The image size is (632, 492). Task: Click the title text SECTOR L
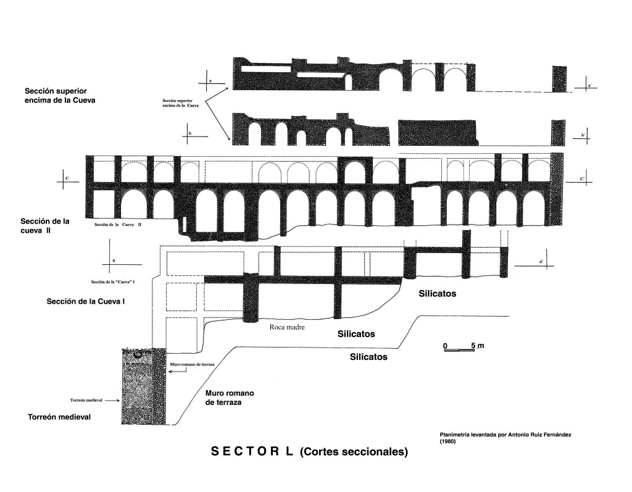point(252,451)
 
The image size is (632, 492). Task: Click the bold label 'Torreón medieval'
point(59,417)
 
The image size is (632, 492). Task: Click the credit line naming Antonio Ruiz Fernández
point(505,438)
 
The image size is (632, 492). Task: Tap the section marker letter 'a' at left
point(210,80)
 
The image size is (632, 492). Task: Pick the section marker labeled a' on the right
point(589,86)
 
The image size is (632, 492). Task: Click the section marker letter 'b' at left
point(190,133)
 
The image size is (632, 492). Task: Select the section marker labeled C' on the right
point(582,179)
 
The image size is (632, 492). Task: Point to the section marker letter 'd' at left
point(114,261)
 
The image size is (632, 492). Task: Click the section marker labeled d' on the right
point(541,262)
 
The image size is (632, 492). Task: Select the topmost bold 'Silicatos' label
point(437,294)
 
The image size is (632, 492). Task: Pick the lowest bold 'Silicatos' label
point(369,357)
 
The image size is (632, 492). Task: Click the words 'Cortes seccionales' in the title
point(354,452)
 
